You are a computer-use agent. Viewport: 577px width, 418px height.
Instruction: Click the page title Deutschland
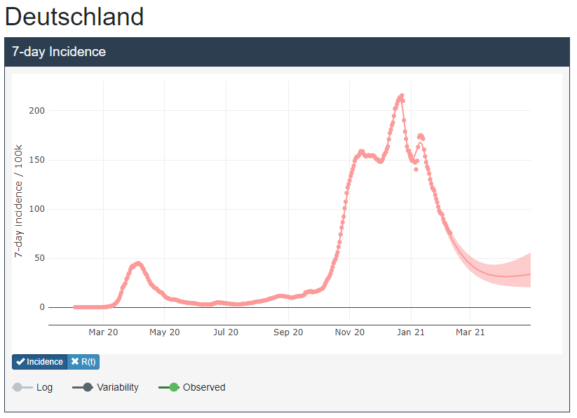pyautogui.click(x=74, y=17)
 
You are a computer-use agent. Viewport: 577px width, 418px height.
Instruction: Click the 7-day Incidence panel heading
pyautogui.click(x=59, y=52)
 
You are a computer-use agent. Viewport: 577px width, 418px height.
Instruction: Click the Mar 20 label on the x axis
pyautogui.click(x=103, y=332)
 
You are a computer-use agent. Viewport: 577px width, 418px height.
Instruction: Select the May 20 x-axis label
pyautogui.click(x=165, y=332)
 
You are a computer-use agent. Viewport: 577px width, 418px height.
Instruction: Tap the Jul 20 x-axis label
pyautogui.click(x=226, y=332)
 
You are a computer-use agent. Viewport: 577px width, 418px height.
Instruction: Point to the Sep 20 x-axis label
pyautogui.click(x=288, y=332)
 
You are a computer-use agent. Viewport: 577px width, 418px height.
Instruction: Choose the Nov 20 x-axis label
pyautogui.click(x=350, y=332)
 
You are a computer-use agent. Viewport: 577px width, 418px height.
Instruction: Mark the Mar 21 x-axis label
pyautogui.click(x=470, y=332)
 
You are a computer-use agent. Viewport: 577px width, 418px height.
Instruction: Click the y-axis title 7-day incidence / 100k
pyautogui.click(x=19, y=202)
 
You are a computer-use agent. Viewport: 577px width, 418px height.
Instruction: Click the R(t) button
pyautogui.click(x=83, y=362)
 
